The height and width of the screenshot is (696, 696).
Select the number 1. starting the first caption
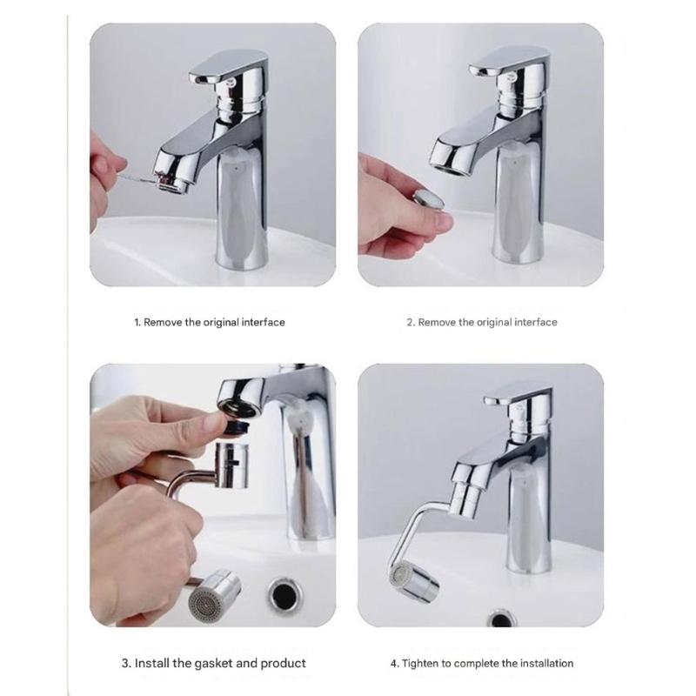click(x=137, y=322)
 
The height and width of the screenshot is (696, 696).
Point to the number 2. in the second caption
click(x=411, y=322)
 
